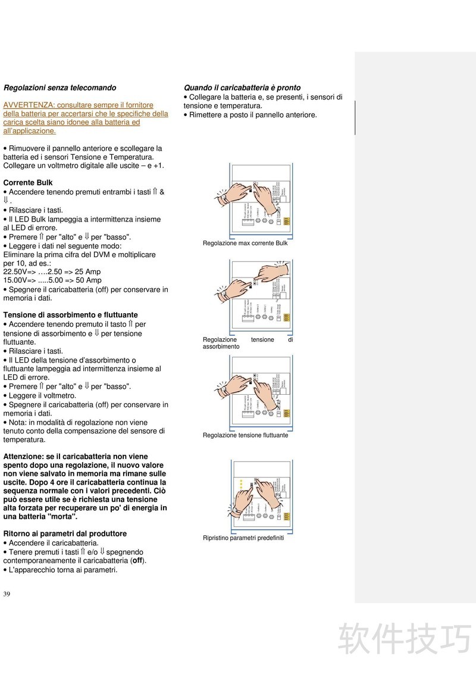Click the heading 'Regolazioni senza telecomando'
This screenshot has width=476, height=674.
click(x=59, y=88)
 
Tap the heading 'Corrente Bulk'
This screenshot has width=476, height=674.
click(x=28, y=183)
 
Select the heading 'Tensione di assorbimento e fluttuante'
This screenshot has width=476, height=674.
click(x=70, y=315)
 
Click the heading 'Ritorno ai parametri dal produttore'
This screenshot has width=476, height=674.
click(x=65, y=534)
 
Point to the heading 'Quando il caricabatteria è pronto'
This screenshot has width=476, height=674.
click(x=242, y=88)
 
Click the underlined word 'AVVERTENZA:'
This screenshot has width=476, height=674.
click(x=29, y=105)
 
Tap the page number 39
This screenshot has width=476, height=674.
click(x=7, y=594)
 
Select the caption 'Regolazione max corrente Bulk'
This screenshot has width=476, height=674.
click(x=245, y=244)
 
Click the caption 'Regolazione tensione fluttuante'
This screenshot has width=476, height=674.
click(x=245, y=435)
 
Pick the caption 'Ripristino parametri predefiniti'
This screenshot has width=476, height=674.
click(x=243, y=538)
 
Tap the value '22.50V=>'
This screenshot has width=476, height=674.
click(x=20, y=272)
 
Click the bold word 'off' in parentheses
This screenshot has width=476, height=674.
click(x=137, y=561)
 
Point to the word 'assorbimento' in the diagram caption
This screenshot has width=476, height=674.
click(x=221, y=347)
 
